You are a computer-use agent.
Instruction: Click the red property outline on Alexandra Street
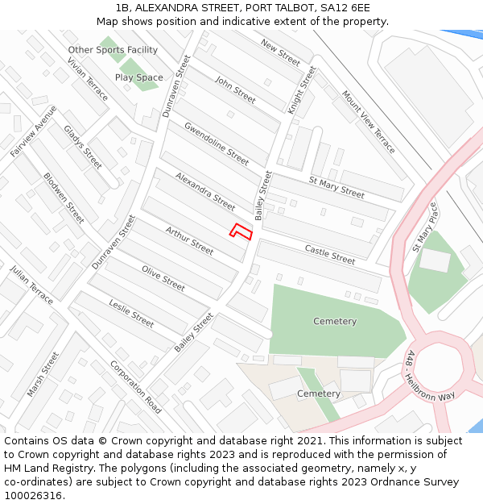[x=241, y=231]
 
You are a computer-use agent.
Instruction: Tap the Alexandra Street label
[x=205, y=191]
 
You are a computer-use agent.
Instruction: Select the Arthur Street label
[x=189, y=241]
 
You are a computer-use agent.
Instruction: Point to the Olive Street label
[x=163, y=277]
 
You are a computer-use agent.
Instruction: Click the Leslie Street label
[x=131, y=313]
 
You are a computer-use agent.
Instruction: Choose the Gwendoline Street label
[x=217, y=143]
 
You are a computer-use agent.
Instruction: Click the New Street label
[x=280, y=53]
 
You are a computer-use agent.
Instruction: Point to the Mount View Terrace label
[x=369, y=122]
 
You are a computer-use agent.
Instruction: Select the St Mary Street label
[x=337, y=187]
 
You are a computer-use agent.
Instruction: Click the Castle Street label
[x=330, y=255]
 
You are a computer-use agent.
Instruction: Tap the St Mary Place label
[x=425, y=227]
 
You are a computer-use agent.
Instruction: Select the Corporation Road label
[x=136, y=387]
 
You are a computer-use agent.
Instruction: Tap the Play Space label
[x=138, y=77]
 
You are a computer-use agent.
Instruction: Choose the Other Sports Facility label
[x=113, y=50]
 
